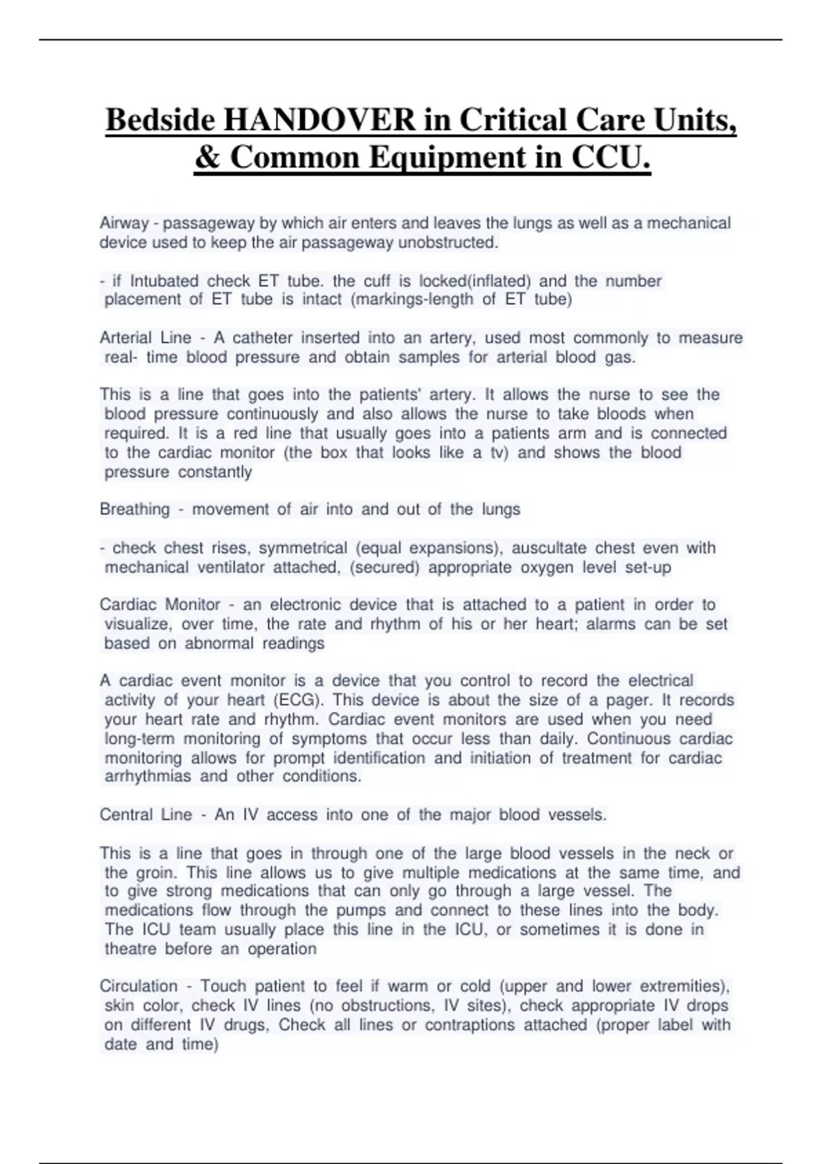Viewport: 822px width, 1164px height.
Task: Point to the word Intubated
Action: click(164, 281)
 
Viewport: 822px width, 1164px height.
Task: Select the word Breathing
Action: click(134, 509)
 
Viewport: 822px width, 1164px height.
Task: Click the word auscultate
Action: click(549, 548)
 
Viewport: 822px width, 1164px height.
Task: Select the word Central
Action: click(126, 815)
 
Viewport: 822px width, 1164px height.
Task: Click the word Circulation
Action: click(138, 987)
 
